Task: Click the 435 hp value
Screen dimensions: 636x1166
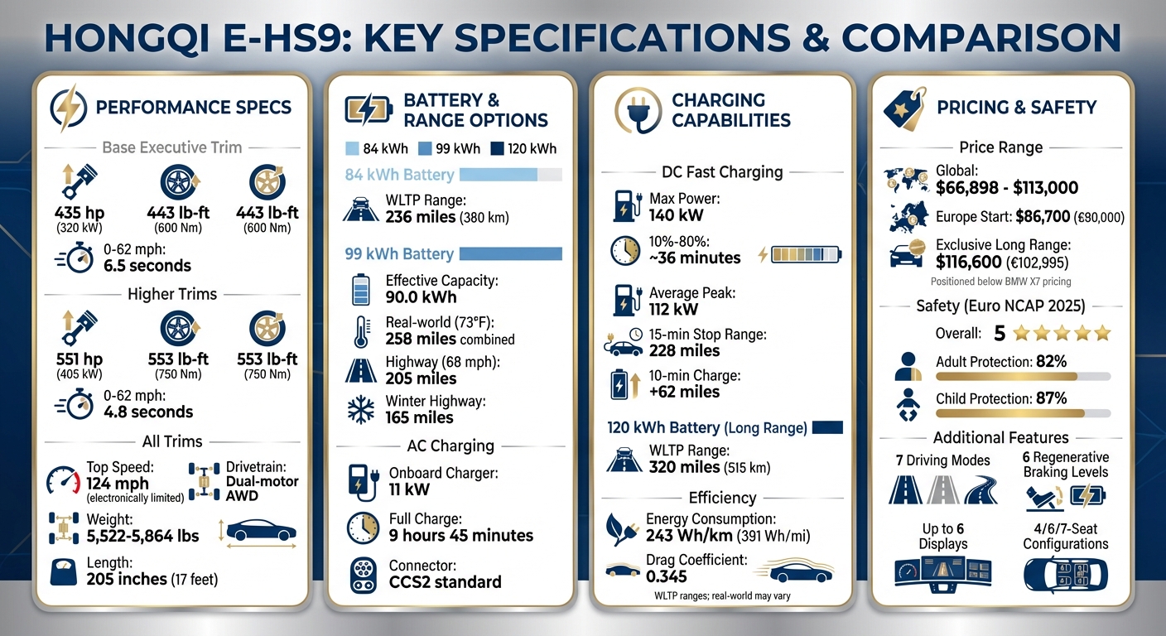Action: pos(79,213)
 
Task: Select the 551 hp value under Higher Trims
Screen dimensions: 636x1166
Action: pos(79,359)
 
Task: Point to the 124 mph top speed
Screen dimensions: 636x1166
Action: pos(118,484)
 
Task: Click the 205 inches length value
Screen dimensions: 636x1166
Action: pos(127,579)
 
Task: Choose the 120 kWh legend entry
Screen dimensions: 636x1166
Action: pos(523,149)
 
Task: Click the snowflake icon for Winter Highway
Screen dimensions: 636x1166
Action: pos(360,409)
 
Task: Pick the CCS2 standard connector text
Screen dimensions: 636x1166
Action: pos(445,582)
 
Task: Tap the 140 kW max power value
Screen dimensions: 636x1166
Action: pos(676,215)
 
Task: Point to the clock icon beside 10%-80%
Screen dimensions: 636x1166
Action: pos(625,251)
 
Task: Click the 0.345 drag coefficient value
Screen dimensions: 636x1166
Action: pos(667,576)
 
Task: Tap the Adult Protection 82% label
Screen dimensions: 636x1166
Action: pos(1000,361)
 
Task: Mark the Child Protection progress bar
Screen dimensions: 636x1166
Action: pos(1023,412)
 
